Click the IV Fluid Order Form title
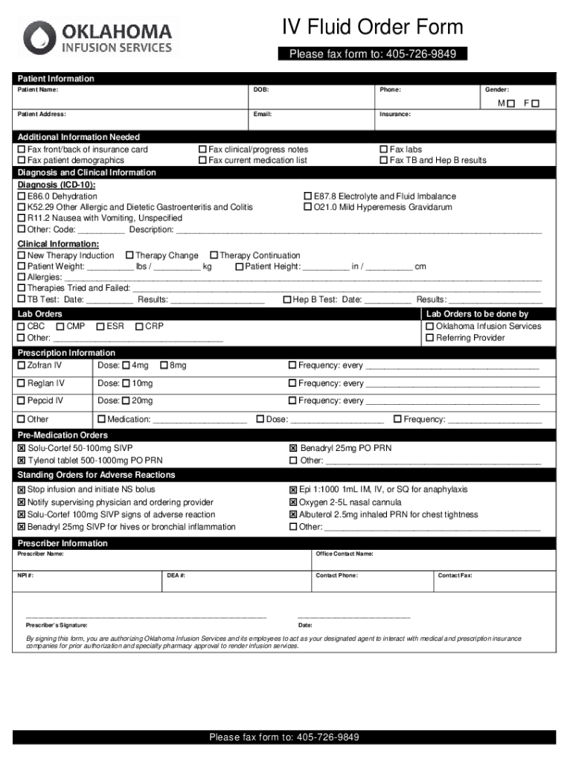click(x=372, y=28)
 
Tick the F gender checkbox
click(x=535, y=103)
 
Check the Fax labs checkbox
click(x=384, y=150)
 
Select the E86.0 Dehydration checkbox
click(x=22, y=196)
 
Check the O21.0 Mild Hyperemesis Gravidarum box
click(x=308, y=208)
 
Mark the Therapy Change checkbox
click(x=129, y=256)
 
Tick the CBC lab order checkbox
click(x=22, y=327)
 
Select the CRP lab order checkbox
click(x=139, y=327)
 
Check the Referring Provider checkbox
click(x=430, y=339)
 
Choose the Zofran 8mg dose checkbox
click(x=164, y=365)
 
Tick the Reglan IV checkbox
click(x=22, y=383)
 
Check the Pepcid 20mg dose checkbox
click(x=126, y=401)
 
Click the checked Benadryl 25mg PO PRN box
click(x=293, y=449)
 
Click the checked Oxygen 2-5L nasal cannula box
click(x=293, y=502)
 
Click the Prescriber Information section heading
click(x=63, y=543)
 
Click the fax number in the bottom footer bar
click(x=327, y=737)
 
